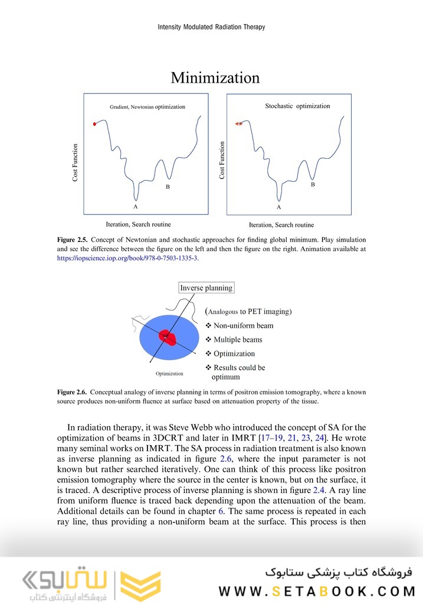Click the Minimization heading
tap(215, 78)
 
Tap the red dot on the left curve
tap(94, 124)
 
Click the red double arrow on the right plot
tap(238, 124)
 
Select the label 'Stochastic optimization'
tap(297, 106)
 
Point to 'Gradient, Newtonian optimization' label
tap(147, 107)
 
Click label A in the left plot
tap(135, 207)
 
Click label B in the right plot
tap(313, 184)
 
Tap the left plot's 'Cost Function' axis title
tap(75, 162)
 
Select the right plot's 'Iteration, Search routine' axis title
tap(281, 225)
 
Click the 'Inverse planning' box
tap(206, 288)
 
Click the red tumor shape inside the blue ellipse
tap(167, 337)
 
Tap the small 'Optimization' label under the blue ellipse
tap(169, 374)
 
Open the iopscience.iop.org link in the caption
tap(127, 258)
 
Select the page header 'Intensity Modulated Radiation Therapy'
tap(211, 27)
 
